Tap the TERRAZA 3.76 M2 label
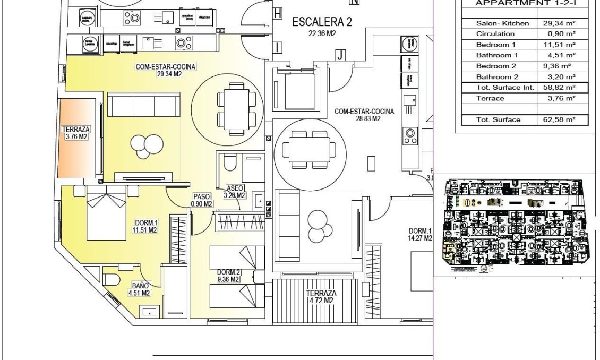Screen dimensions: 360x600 [76, 133]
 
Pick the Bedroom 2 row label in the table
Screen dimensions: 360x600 [496, 66]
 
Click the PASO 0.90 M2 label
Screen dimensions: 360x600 [202, 200]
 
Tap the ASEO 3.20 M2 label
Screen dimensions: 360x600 [235, 192]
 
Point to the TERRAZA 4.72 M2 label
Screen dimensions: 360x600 [321, 297]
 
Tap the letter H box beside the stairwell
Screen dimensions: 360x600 [277, 14]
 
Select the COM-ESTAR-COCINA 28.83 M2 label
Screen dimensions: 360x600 [364, 115]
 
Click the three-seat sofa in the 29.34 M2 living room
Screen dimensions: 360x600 [143, 106]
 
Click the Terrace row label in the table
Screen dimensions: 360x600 [490, 99]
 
